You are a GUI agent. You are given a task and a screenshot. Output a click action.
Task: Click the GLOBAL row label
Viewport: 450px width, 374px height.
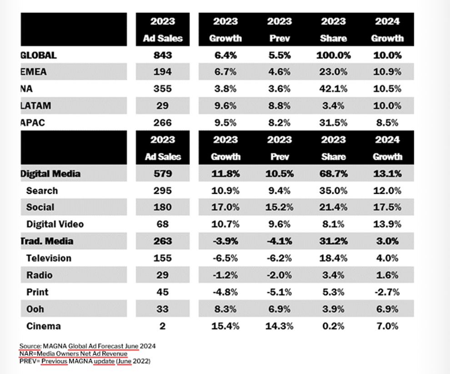click(x=39, y=55)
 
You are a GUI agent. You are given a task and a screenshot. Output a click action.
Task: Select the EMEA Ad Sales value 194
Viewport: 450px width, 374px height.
click(x=163, y=72)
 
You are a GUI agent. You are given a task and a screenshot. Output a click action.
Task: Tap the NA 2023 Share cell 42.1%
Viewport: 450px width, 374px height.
click(x=333, y=89)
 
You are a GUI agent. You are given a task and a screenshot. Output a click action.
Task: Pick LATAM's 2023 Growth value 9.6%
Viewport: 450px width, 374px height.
click(x=225, y=106)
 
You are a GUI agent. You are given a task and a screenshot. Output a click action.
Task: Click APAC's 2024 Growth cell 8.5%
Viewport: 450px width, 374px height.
click(x=387, y=122)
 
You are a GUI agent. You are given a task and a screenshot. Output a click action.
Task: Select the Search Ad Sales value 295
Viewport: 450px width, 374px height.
click(x=163, y=191)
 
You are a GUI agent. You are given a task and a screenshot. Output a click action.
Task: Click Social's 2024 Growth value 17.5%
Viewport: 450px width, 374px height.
click(x=387, y=207)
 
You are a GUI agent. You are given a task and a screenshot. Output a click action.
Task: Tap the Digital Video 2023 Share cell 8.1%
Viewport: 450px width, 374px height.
click(x=333, y=224)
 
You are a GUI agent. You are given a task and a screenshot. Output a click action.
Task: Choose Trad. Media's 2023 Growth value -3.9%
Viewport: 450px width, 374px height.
click(x=225, y=241)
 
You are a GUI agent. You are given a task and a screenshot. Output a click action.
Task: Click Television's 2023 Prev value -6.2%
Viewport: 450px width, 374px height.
click(x=279, y=258)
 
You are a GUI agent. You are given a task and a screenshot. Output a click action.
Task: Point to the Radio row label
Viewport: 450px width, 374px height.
click(x=39, y=275)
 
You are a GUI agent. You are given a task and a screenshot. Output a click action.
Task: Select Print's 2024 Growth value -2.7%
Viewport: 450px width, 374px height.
click(x=387, y=292)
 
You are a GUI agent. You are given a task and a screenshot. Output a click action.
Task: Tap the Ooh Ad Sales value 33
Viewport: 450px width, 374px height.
click(x=163, y=309)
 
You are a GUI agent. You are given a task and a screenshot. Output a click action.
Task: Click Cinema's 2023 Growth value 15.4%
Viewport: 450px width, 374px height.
click(x=225, y=326)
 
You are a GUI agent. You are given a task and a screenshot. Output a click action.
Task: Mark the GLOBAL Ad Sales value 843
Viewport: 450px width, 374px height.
click(x=163, y=55)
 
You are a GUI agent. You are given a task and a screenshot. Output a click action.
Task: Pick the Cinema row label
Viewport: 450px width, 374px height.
click(x=44, y=326)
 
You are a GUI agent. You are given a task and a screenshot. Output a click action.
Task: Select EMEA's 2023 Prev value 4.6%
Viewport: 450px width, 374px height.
click(x=279, y=72)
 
